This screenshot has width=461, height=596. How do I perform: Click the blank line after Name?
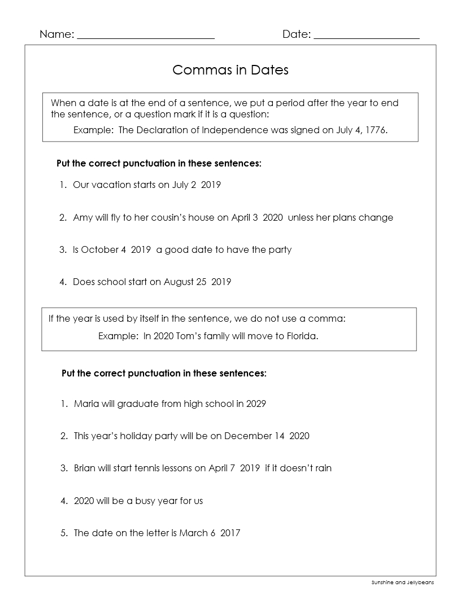point(146,36)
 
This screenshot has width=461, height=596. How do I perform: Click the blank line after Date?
point(366,36)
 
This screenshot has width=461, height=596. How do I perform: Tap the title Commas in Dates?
point(230,70)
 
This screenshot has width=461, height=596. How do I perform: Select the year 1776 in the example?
point(375,130)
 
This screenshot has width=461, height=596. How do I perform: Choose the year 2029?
point(256,404)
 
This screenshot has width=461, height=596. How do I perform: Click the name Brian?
point(85,468)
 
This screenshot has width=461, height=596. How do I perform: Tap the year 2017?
point(230,533)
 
